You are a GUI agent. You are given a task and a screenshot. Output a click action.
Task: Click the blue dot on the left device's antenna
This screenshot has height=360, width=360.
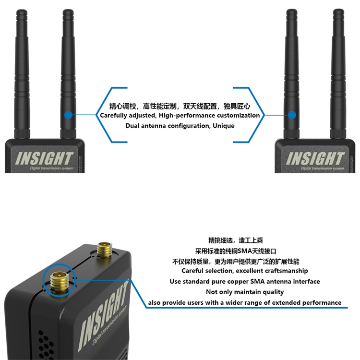68,115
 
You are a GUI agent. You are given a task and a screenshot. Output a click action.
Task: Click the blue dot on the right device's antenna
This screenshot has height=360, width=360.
292,115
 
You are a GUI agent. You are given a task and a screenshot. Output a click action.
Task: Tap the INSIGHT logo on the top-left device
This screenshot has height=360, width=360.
44,158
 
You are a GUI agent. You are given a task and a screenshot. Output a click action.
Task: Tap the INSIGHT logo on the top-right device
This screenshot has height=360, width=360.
315,158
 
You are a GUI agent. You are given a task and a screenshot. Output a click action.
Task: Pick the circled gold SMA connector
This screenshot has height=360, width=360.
60,280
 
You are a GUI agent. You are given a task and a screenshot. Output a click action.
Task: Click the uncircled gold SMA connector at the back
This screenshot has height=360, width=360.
105,250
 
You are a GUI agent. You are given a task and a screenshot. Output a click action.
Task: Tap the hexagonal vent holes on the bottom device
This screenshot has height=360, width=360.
46,344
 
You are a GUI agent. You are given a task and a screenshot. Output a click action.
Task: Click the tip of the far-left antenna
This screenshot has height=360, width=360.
22,11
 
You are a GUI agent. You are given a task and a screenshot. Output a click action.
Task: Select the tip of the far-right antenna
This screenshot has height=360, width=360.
338,10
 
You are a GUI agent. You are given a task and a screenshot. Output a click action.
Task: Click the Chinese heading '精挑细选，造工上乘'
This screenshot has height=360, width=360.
236,240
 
